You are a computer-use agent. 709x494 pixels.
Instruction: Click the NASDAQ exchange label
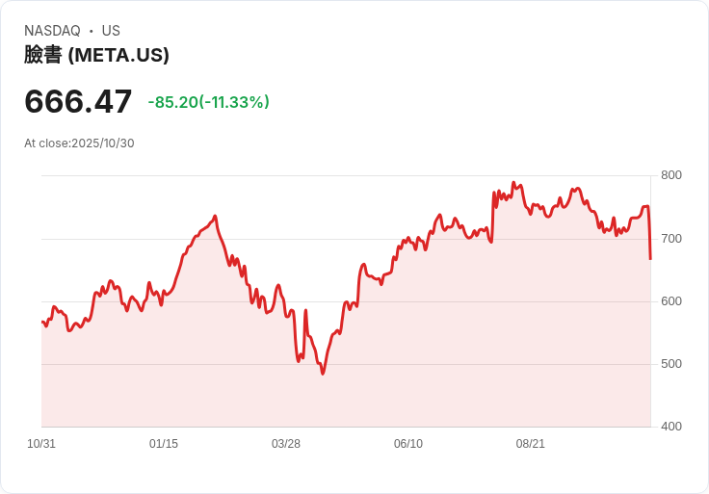point(52,31)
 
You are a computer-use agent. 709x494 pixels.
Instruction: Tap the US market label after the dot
point(111,31)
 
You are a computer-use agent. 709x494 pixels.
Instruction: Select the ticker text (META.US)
point(118,55)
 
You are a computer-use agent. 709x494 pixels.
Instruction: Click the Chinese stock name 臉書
point(43,55)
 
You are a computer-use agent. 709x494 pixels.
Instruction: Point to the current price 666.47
point(78,101)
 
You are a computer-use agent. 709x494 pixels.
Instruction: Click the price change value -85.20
point(172,102)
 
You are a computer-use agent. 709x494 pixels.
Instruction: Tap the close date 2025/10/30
point(103,143)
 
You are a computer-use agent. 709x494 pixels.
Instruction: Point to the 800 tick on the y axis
point(671,175)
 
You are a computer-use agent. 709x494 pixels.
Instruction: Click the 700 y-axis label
point(671,238)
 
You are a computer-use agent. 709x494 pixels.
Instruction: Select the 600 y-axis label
point(671,301)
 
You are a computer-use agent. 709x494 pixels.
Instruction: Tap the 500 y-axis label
point(671,364)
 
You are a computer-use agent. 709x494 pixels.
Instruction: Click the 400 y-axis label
point(671,427)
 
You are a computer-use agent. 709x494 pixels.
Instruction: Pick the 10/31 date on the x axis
point(41,444)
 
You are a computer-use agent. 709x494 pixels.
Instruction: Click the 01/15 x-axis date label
point(164,444)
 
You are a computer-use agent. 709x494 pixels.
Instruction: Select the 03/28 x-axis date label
point(286,444)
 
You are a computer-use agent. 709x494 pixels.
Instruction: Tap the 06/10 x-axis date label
point(408,444)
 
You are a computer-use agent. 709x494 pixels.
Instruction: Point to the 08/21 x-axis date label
point(531,444)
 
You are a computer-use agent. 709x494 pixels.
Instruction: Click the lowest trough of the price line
point(323,373)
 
